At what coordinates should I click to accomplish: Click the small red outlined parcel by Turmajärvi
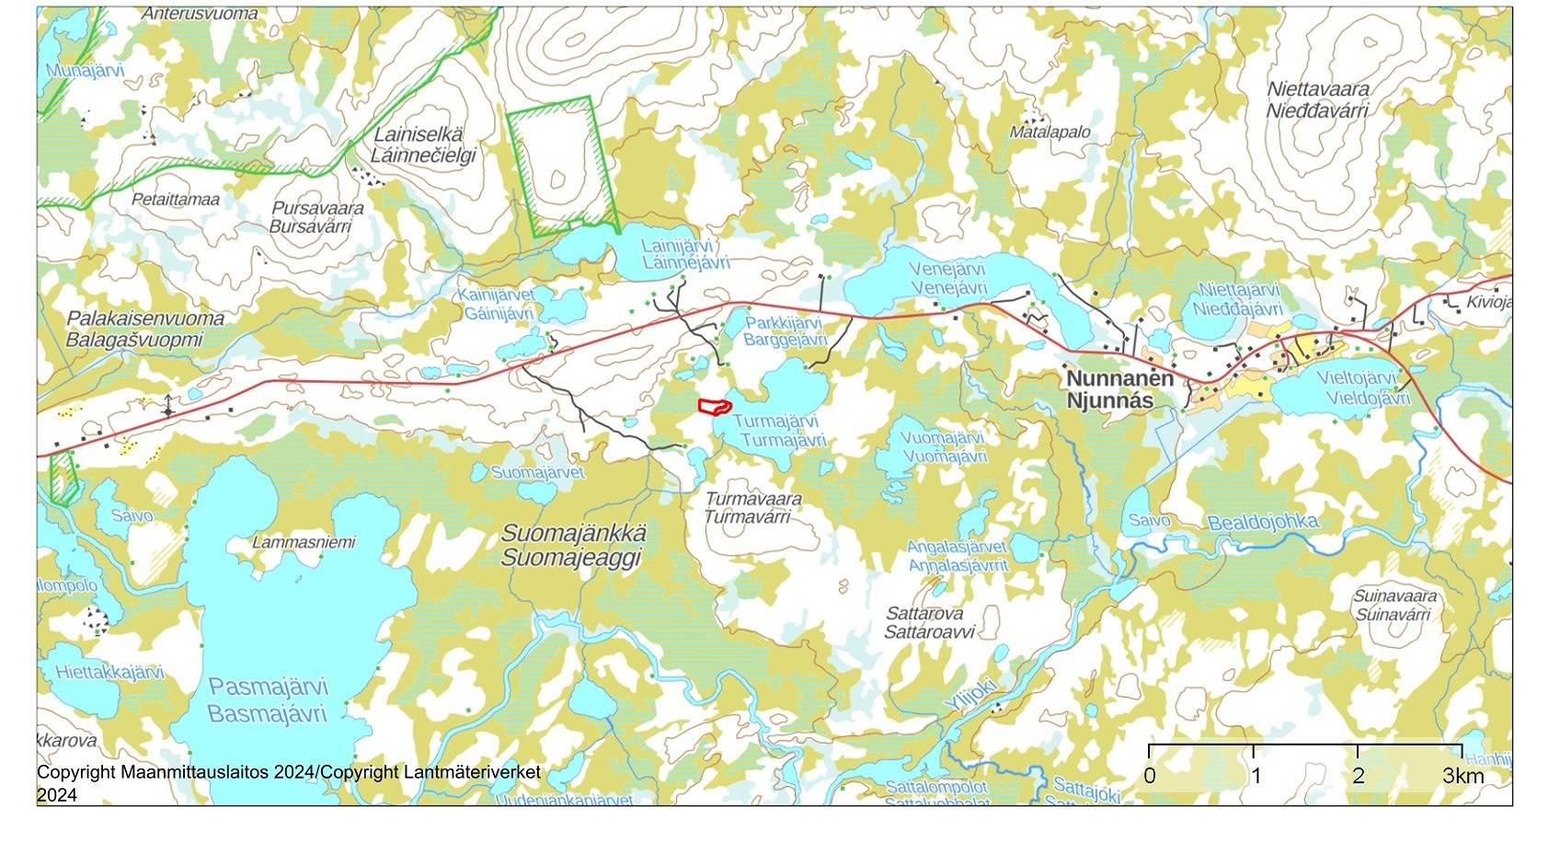coord(713,406)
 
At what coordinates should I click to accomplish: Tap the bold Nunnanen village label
coord(1119,378)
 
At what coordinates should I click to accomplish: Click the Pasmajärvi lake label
coord(268,687)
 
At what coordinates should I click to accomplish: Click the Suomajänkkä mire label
coord(573,534)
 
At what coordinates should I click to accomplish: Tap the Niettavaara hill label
coord(1317,89)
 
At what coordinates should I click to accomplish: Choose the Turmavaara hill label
coord(752,498)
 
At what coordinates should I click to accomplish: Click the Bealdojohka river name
coord(1262,522)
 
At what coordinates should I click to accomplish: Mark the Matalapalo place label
coord(1050,132)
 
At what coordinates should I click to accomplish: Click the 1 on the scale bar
coord(1256,776)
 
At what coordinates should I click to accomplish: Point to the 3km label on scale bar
coord(1463,776)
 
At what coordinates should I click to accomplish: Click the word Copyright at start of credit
coord(76,772)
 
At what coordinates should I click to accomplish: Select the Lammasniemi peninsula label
coord(304,542)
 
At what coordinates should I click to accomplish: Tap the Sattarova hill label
coord(924,613)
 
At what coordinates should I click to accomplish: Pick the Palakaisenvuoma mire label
coord(145,318)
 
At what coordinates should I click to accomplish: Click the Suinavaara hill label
coord(1394,595)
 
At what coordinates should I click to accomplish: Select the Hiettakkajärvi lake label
coord(109,672)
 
